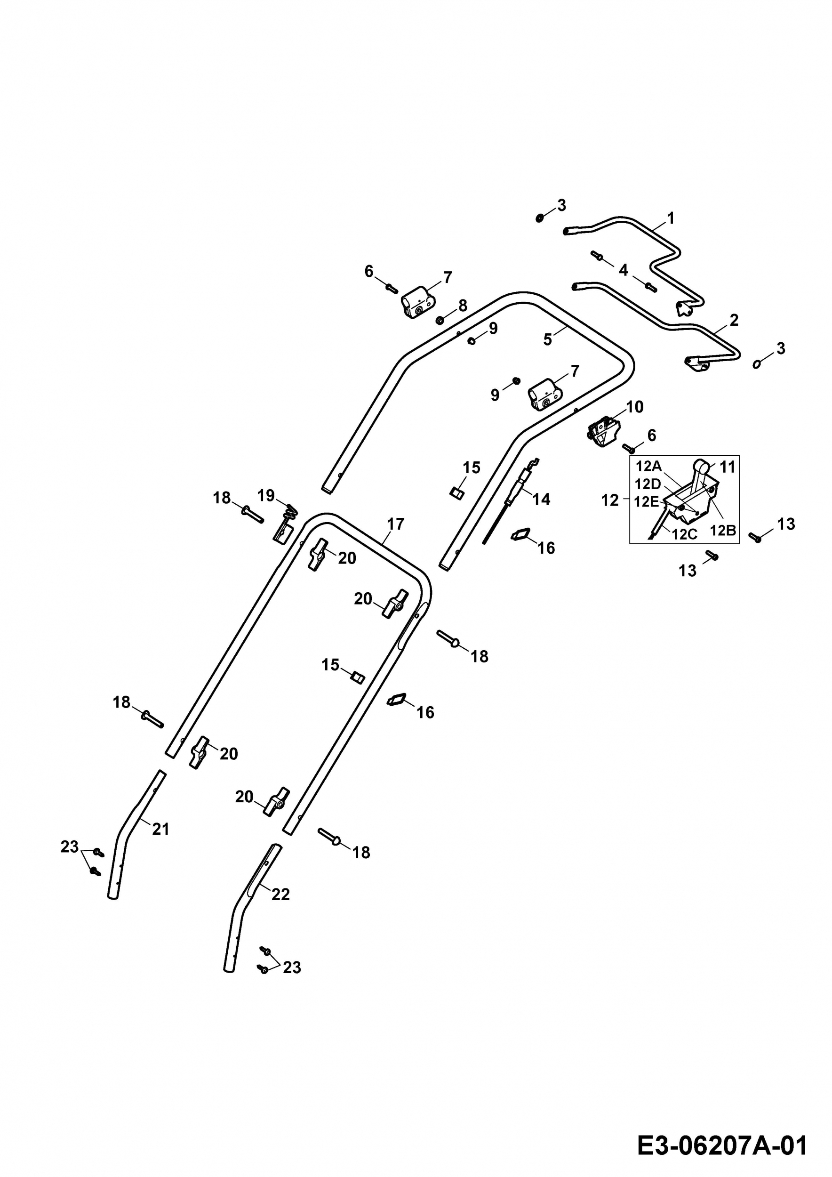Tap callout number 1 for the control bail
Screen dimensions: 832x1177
point(671,218)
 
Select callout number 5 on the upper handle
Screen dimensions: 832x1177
point(548,339)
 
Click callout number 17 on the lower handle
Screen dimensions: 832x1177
point(395,524)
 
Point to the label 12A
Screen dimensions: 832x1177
point(648,467)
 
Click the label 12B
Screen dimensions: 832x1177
point(723,531)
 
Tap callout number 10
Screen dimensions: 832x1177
point(635,407)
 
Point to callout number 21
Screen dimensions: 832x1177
point(160,829)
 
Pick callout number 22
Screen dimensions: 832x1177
point(281,894)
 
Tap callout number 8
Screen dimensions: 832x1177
point(463,306)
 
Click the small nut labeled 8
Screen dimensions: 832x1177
point(440,321)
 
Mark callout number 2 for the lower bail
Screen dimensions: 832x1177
point(734,321)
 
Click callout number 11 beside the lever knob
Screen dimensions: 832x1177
point(728,467)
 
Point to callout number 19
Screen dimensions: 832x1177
point(266,495)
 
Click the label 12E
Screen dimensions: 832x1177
point(647,501)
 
